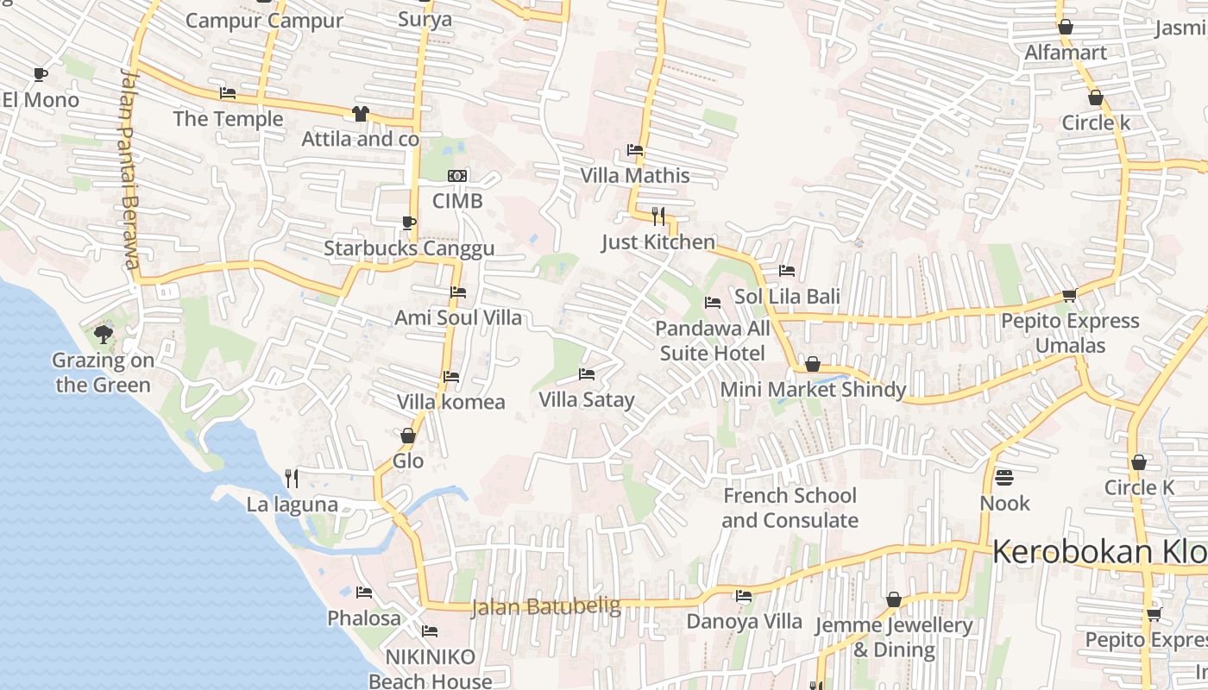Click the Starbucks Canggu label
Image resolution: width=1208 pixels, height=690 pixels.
(409, 249)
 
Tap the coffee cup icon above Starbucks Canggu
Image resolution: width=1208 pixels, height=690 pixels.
(409, 223)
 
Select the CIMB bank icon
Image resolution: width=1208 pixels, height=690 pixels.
(457, 176)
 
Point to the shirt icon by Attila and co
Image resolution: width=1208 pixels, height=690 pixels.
(361, 114)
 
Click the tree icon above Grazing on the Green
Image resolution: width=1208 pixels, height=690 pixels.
(104, 334)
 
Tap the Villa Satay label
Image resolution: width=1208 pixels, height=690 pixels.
(587, 399)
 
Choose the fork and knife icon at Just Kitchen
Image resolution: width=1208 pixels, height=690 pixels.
(658, 216)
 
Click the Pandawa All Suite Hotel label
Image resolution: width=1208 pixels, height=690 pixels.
(713, 341)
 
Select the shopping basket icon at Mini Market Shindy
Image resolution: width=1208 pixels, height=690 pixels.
(812, 365)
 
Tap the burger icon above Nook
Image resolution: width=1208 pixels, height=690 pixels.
(1004, 477)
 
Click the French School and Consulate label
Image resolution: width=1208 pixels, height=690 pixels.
(790, 508)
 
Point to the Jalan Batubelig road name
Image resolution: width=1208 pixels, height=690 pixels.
(546, 607)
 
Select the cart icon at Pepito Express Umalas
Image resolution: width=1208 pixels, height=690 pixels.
(1069, 296)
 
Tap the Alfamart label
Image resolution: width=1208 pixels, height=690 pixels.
(1066, 53)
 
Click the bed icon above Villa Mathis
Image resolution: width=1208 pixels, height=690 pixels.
(635, 150)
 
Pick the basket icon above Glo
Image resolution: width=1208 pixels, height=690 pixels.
(408, 436)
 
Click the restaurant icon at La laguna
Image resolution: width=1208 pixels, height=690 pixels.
(292, 478)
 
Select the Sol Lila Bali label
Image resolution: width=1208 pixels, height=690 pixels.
(787, 297)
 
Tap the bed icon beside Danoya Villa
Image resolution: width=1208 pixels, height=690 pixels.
(744, 595)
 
